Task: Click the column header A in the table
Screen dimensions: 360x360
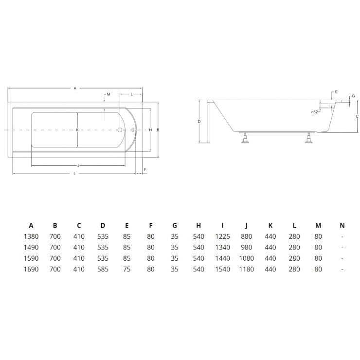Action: [31, 225]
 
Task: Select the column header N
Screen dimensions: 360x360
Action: [342, 225]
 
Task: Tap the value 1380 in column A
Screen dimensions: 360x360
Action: [31, 236]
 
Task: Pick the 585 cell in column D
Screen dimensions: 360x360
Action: [103, 269]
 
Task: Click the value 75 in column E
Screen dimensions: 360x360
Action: [127, 269]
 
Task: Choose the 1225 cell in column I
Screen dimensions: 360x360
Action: [222, 236]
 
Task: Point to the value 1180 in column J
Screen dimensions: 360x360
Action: [246, 269]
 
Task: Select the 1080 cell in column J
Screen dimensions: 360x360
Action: [246, 258]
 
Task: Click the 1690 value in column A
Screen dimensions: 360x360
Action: [31, 269]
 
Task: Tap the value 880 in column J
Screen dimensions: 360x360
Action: [246, 236]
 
